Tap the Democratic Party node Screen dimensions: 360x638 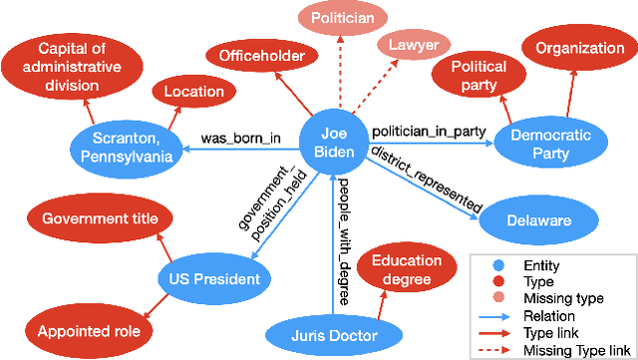click(539, 143)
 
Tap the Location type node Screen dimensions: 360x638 click(194, 92)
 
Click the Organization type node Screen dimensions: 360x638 click(574, 47)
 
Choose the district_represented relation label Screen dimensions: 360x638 click(426, 179)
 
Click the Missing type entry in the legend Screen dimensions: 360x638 click(542, 299)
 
